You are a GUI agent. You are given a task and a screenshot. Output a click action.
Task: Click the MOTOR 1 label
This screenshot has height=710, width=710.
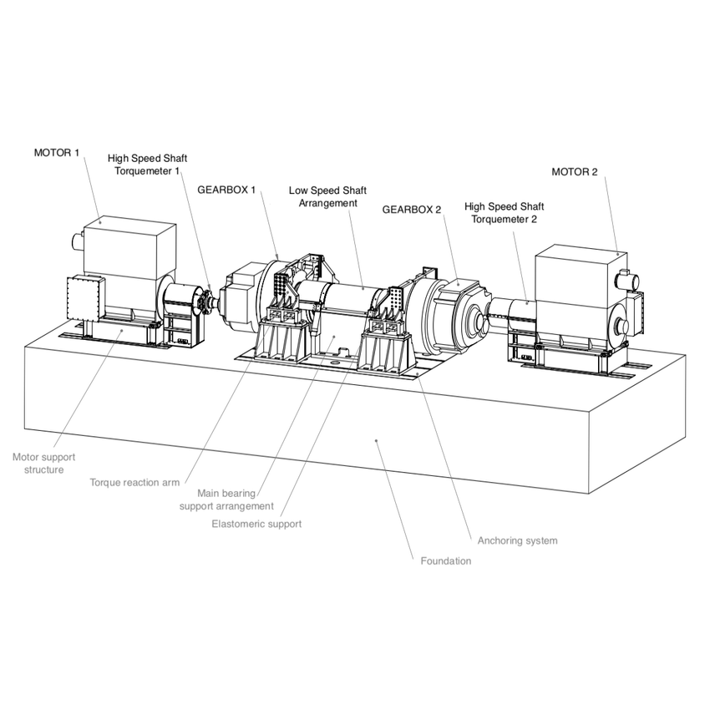click(x=58, y=153)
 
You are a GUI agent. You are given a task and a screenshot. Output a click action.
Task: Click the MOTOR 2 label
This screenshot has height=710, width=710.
click(x=575, y=172)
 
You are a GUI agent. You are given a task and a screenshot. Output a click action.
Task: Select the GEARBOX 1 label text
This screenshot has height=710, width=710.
click(x=226, y=190)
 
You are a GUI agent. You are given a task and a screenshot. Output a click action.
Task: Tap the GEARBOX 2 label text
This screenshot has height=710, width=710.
click(x=411, y=209)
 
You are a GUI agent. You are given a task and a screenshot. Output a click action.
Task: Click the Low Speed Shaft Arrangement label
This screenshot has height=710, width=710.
click(x=327, y=196)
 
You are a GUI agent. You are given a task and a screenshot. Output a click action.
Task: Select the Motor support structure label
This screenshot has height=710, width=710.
click(x=38, y=464)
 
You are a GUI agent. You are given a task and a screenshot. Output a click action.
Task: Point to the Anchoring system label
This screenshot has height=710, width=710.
click(x=517, y=540)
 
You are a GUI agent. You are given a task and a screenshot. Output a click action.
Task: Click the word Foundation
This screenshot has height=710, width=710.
click(x=445, y=560)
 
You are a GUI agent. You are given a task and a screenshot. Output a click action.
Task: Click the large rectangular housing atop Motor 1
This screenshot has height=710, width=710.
click(x=129, y=251)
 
